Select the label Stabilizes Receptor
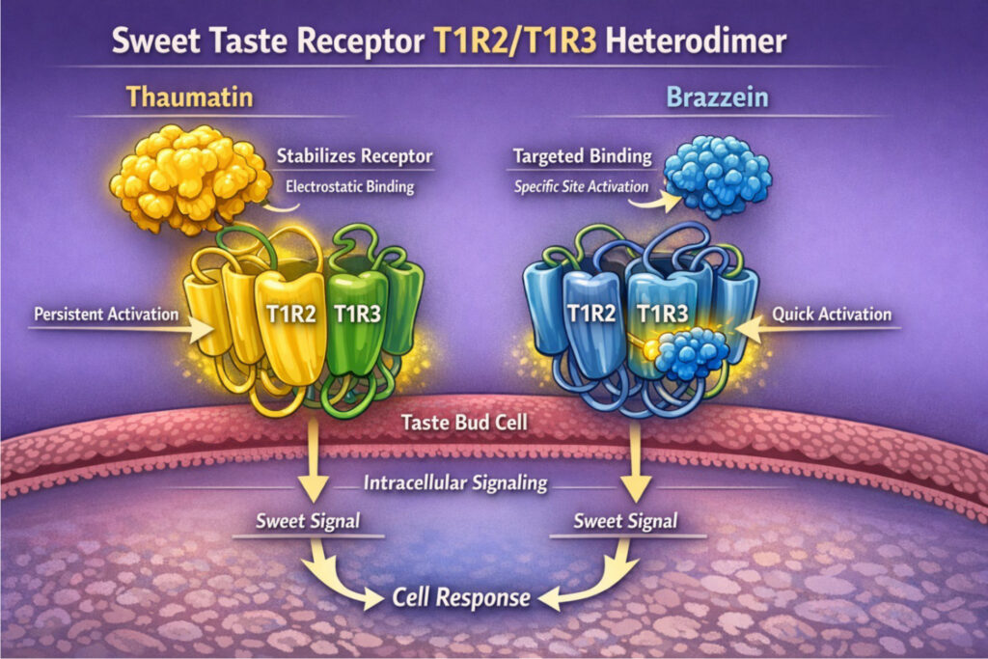point(354,155)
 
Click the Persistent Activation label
point(105,314)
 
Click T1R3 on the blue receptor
point(665,312)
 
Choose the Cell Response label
point(461,597)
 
